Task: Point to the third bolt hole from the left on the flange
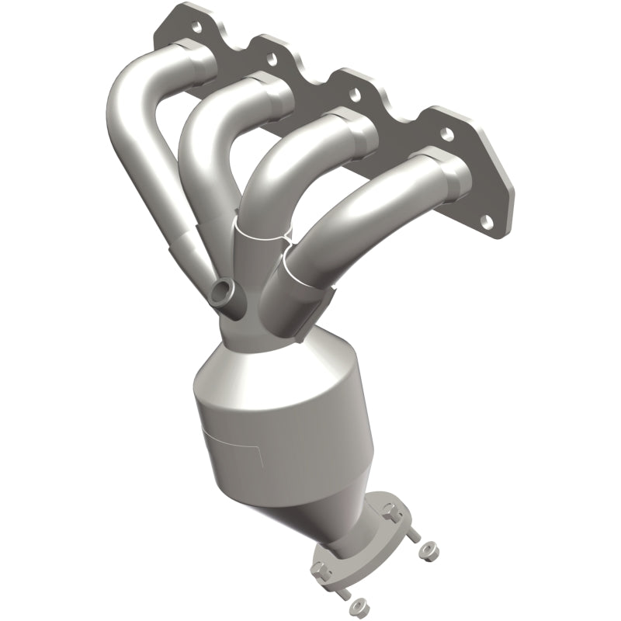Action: point(354,95)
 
